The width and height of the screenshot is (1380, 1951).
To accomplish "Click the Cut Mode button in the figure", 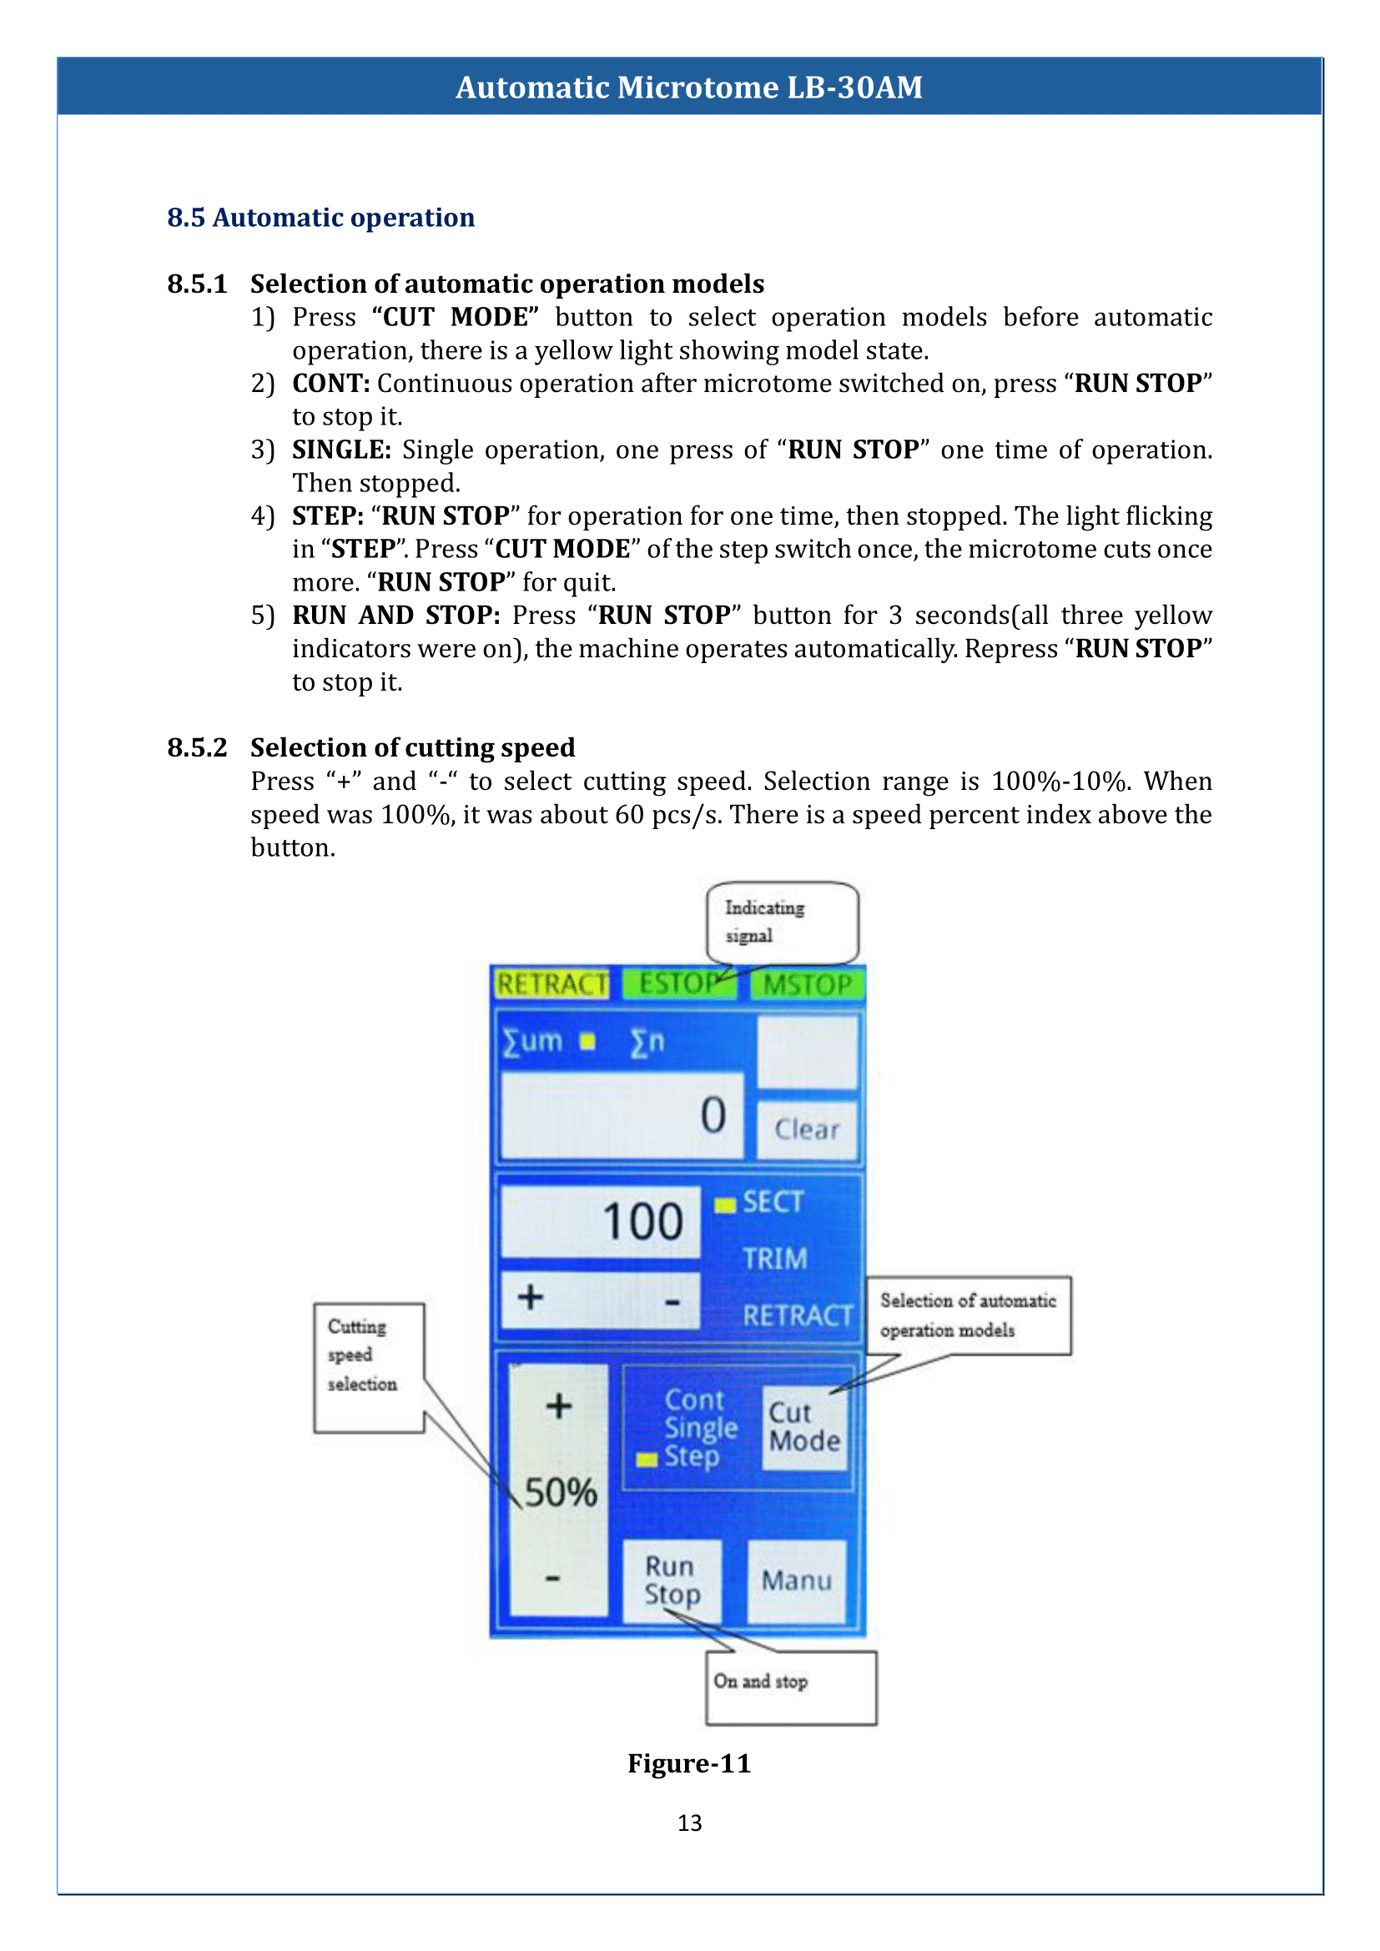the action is click(x=804, y=1427).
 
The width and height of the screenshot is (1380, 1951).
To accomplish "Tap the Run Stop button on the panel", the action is click(x=672, y=1581).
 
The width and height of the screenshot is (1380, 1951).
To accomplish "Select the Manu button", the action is click(x=797, y=1581).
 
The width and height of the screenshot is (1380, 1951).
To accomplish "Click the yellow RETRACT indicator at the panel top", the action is click(x=552, y=984).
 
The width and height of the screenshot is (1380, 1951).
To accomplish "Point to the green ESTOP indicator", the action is click(x=680, y=983).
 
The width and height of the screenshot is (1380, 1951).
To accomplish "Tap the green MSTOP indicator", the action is click(x=808, y=984).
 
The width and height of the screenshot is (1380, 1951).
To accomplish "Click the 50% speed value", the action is click(x=561, y=1492).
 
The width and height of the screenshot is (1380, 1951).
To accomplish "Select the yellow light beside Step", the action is click(x=647, y=1460).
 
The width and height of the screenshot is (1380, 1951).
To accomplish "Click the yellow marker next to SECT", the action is click(x=725, y=1205).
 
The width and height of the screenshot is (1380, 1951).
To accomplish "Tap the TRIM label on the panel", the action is click(x=775, y=1259).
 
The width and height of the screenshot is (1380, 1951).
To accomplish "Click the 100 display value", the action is click(x=643, y=1221).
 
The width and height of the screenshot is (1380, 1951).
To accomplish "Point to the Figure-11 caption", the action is click(x=689, y=1763).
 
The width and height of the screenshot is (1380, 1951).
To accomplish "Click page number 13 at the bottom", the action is click(x=690, y=1823).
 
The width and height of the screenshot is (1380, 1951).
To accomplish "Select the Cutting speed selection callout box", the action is click(x=369, y=1368).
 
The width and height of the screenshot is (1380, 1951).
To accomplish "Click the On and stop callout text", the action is click(x=761, y=1681).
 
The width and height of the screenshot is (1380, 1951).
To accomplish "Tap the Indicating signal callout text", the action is click(x=765, y=921).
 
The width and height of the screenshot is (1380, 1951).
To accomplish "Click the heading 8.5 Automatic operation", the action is click(x=321, y=218).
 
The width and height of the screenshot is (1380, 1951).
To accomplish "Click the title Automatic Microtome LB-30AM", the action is click(x=689, y=87).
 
